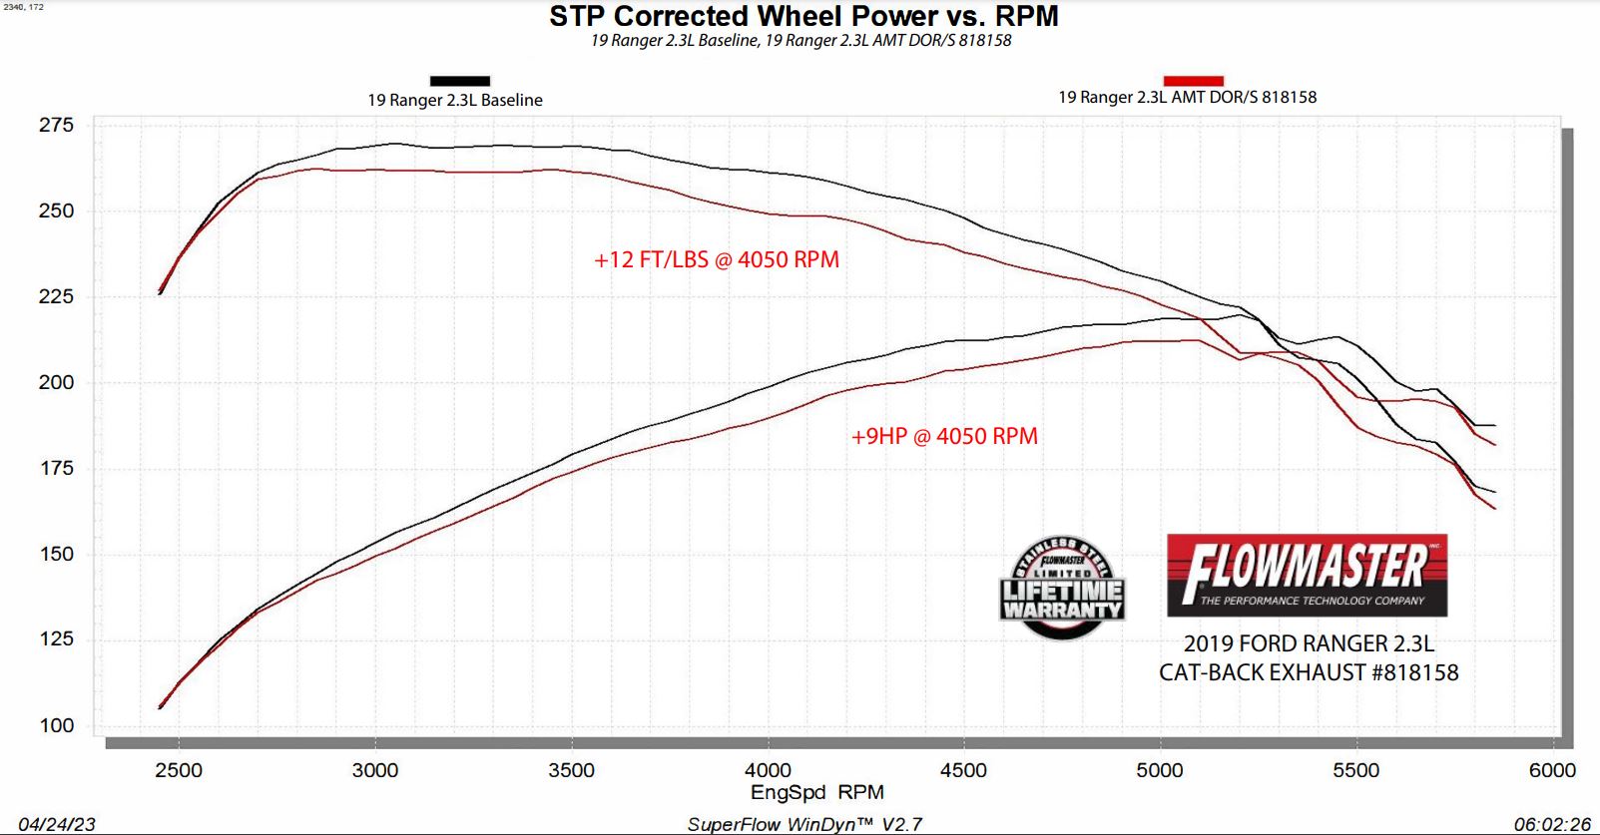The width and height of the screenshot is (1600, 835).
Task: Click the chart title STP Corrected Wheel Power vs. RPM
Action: point(803,16)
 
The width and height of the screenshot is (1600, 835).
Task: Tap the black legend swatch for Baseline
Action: point(459,81)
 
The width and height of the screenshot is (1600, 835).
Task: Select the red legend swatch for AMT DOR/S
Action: point(1193,81)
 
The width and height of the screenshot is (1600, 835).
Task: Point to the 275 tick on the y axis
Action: point(56,125)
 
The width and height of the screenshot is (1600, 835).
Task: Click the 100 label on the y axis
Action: point(56,725)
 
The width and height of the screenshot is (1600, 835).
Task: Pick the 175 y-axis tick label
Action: point(56,468)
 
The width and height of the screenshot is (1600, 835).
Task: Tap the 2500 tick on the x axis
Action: point(179,770)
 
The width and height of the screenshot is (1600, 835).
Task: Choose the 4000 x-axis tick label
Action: point(768,770)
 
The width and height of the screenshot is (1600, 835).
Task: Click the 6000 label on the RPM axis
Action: point(1552,770)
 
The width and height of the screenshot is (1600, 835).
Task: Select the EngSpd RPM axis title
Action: point(816,792)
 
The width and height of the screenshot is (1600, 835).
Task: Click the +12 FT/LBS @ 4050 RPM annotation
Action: point(717,259)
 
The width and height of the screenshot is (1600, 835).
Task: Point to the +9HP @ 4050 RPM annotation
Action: point(944,436)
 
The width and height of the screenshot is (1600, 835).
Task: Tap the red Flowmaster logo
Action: point(1307,575)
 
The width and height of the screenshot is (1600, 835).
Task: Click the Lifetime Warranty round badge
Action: point(1062,589)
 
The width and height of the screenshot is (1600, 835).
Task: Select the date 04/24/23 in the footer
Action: point(57,824)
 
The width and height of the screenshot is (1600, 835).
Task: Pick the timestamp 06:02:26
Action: point(1551,824)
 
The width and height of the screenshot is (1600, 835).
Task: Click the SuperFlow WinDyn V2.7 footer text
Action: point(804,824)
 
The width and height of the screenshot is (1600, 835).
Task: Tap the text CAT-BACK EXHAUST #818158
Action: point(1309,672)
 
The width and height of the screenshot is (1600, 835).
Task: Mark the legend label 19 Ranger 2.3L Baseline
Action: point(455,100)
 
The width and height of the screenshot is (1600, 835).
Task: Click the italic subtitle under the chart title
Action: point(800,41)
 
